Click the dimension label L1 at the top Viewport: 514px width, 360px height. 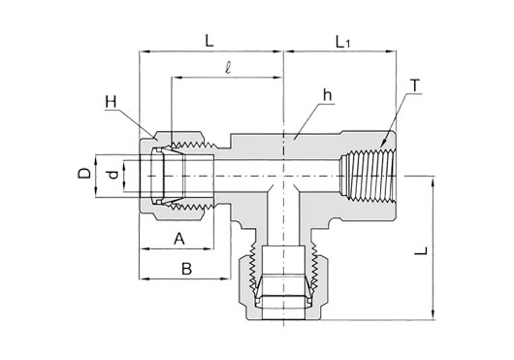343,43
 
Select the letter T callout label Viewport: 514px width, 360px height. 415,86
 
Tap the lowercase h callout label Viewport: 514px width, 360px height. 327,95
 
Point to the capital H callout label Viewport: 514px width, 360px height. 111,102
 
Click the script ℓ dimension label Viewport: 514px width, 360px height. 228,68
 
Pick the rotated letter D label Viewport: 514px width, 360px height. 84,173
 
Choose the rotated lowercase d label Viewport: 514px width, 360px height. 113,175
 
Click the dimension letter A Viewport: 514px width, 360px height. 179,239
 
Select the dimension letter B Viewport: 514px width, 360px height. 186,269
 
